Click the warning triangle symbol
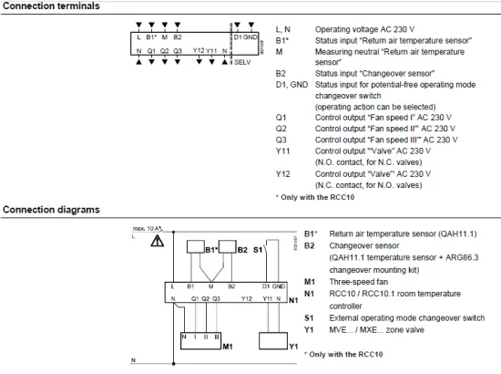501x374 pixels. pyautogui.click(x=158, y=242)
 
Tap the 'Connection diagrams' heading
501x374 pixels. pyautogui.click(x=51, y=209)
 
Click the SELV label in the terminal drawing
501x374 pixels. pyautogui.click(x=242, y=63)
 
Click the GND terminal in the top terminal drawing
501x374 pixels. pyautogui.click(x=250, y=37)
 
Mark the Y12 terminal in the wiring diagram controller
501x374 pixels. pyautogui.click(x=246, y=298)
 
